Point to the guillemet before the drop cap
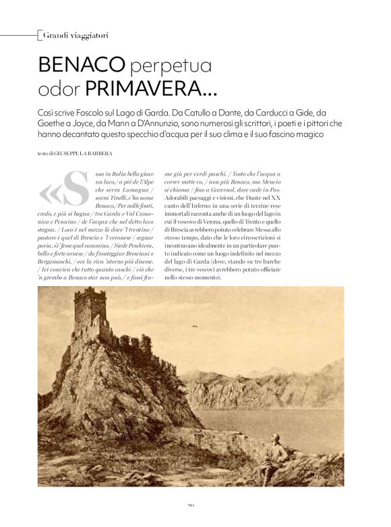(x=51, y=194)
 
